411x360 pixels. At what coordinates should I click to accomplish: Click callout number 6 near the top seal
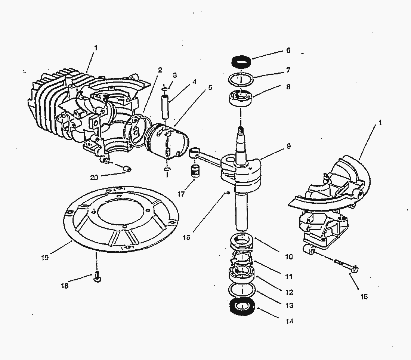pos(288,50)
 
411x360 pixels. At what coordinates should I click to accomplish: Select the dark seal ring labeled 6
pos(241,60)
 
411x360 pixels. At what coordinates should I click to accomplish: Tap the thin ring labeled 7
pos(241,79)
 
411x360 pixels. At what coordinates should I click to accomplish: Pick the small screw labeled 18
pos(96,278)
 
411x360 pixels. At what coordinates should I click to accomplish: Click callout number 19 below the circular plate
pos(45,258)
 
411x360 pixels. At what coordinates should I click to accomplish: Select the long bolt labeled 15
pos(345,266)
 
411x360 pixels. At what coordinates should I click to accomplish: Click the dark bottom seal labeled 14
pos(241,306)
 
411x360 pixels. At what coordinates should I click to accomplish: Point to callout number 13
pos(289,305)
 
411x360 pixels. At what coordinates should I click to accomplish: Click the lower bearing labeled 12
pos(241,275)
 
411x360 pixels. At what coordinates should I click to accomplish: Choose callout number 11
pos(288,277)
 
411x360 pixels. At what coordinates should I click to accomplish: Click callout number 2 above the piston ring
pos(160,70)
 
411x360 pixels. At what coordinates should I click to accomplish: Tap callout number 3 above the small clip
pos(175,75)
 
